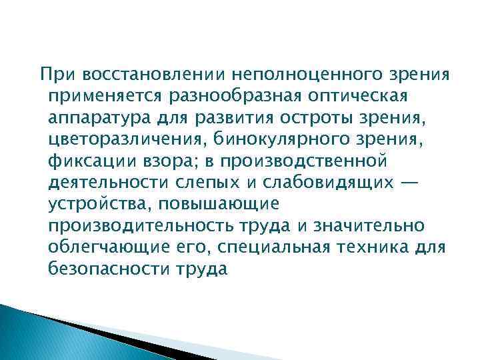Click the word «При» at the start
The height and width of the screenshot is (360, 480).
point(53,72)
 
